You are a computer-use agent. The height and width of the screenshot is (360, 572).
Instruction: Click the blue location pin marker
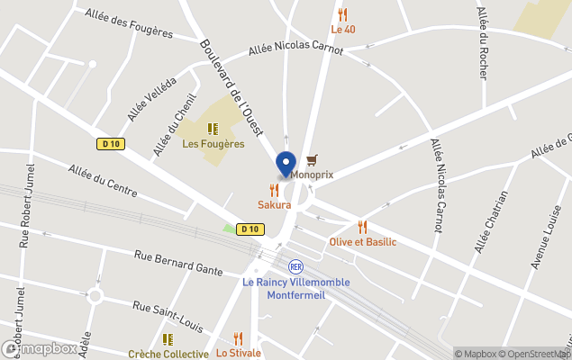(286, 166)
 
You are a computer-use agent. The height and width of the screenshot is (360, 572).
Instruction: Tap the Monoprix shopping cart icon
(312, 159)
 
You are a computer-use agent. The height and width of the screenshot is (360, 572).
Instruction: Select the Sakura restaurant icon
(274, 190)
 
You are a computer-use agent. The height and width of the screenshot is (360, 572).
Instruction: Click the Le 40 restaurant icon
(342, 14)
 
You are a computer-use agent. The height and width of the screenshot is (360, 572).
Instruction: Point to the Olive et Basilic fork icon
(362, 227)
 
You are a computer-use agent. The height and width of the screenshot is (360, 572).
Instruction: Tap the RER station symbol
(295, 266)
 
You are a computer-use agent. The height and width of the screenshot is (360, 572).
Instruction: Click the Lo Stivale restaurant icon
(238, 338)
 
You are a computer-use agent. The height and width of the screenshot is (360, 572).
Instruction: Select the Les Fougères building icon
(213, 129)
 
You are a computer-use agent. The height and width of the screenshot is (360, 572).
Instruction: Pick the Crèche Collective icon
(168, 339)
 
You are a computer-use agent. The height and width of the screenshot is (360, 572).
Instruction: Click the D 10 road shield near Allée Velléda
(109, 143)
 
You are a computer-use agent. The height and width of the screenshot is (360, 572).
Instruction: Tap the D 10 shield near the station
(250, 229)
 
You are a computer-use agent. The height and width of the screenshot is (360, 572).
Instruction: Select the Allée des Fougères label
(129, 23)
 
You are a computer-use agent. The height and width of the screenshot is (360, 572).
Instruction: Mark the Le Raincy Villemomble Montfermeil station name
(295, 287)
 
